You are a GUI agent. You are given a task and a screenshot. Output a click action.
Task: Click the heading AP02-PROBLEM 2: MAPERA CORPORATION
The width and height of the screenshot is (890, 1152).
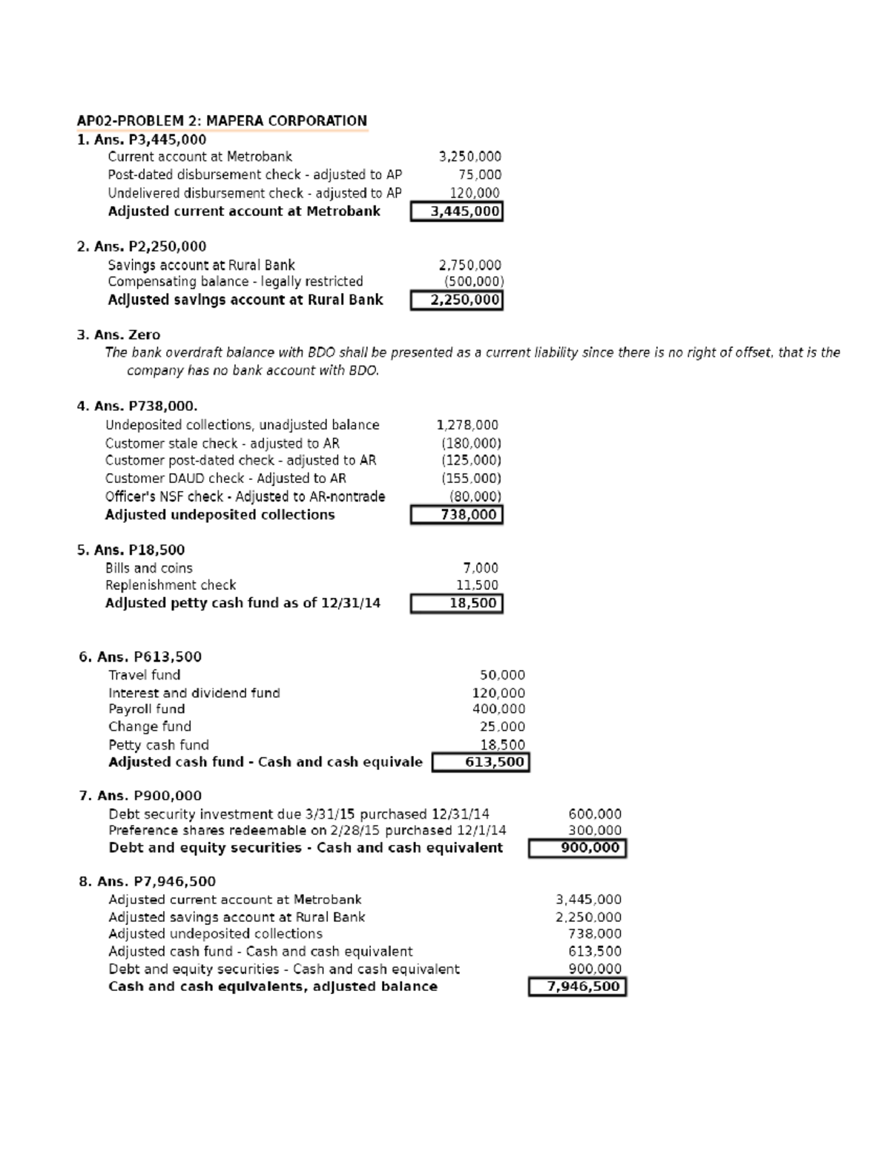pos(222,121)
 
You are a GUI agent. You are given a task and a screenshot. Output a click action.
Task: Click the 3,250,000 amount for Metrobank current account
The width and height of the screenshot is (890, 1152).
pos(469,157)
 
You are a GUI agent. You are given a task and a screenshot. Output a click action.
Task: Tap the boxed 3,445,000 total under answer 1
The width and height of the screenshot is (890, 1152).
pos(457,211)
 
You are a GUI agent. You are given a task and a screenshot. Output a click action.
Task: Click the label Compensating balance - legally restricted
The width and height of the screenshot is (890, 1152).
pos(235,282)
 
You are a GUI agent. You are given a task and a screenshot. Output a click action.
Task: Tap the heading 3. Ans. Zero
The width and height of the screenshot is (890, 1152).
pos(119,335)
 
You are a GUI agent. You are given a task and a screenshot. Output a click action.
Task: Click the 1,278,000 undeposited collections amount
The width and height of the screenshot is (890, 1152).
pos(467,425)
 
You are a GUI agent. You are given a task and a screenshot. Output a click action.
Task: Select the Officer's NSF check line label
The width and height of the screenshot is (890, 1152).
pos(245,497)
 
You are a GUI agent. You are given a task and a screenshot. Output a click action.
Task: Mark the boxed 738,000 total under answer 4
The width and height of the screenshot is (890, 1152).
pos(457,515)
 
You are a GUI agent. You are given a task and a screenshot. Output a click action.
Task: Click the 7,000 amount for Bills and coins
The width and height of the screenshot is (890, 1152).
pos(481,568)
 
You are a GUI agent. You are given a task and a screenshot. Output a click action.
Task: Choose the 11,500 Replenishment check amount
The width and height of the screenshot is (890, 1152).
pos(477,585)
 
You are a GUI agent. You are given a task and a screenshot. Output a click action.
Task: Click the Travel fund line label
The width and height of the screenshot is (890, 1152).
pos(144,675)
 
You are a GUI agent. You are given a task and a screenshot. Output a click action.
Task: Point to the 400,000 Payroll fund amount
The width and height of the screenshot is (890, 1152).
pos(498,709)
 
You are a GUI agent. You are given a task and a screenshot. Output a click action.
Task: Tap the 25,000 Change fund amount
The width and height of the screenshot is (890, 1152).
pos(502,727)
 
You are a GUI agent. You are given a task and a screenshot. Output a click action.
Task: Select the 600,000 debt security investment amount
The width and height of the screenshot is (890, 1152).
pos(595,814)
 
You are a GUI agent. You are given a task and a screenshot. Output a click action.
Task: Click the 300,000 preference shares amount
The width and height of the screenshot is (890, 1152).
pos(595,831)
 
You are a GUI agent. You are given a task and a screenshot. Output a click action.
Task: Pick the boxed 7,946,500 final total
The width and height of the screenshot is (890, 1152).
pos(577,987)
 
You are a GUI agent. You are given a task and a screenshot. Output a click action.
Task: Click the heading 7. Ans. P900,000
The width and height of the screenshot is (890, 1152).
pos(140,795)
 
